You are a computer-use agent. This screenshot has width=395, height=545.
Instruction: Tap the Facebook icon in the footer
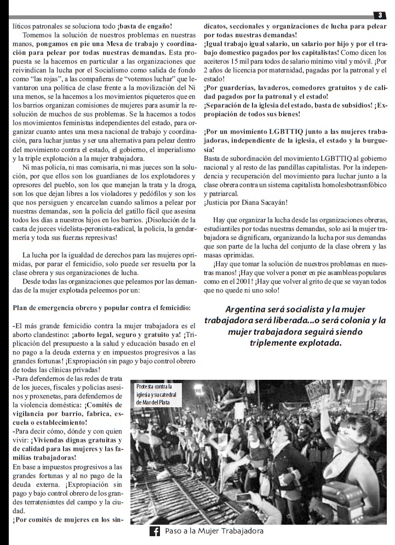click(x=154, y=531)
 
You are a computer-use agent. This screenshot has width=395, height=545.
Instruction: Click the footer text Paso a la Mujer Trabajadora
click(x=214, y=531)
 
